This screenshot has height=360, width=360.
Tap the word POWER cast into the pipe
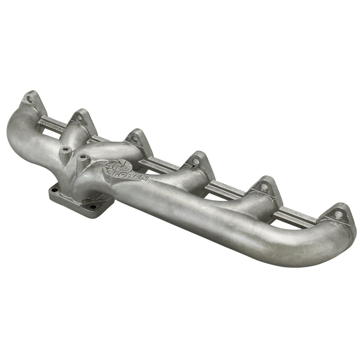[136, 175]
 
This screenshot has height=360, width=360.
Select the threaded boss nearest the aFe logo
[83, 157]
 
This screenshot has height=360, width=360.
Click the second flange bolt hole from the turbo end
[79, 117]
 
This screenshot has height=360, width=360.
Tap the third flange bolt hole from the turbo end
[134, 139]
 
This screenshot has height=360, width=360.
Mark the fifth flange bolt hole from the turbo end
[264, 187]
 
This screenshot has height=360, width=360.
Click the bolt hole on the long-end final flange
[338, 215]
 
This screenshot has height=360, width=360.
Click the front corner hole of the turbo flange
[93, 207]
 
